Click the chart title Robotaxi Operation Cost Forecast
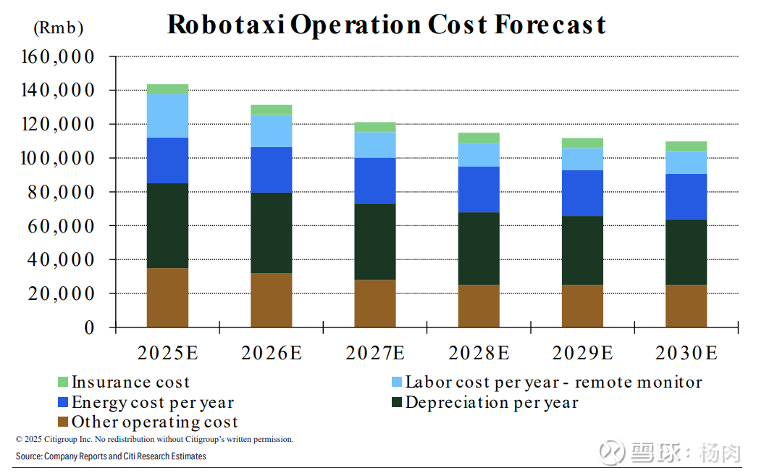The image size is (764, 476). [386, 25]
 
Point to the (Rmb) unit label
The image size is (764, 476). [59, 29]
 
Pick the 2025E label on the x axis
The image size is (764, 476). [168, 354]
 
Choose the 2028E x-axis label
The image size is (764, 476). [479, 354]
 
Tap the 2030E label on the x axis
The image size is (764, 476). [686, 354]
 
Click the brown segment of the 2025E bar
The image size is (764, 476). [168, 298]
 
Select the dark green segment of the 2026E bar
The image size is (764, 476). [272, 233]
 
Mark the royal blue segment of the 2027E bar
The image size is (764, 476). [375, 180]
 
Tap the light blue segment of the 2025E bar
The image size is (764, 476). [168, 116]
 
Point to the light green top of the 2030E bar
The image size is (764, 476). [686, 146]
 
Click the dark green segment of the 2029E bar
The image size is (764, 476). [582, 250]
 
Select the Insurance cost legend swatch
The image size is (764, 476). [62, 382]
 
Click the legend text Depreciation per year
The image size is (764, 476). [492, 402]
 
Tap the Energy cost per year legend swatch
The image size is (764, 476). [62, 402]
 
